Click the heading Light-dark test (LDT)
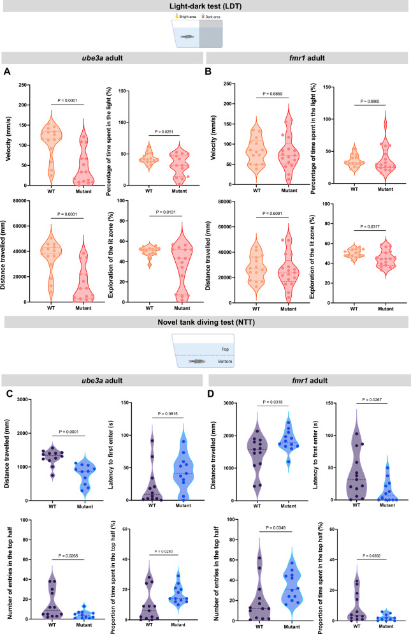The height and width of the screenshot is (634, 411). [205, 6]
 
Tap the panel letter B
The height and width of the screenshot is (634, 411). [215, 72]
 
